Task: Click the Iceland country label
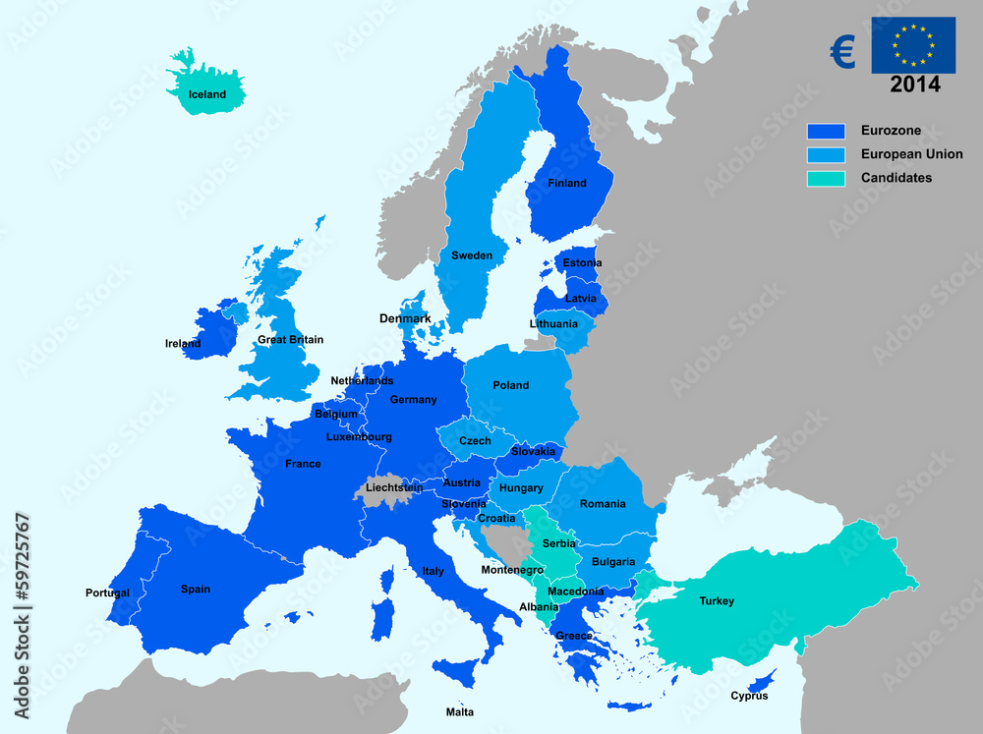[207, 95]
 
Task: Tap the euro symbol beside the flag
[842, 51]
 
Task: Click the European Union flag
[913, 45]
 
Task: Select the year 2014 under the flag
[914, 85]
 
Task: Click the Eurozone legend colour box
[826, 131]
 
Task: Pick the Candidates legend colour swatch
[826, 178]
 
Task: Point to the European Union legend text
[911, 154]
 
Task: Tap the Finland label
[567, 183]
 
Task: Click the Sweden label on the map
[472, 255]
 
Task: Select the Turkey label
[717, 601]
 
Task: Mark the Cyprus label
[749, 697]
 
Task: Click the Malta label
[459, 712]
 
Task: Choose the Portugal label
[107, 593]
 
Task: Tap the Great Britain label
[290, 340]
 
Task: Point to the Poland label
[510, 385]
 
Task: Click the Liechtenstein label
[394, 487]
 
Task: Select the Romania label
[603, 504]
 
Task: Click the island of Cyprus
[760, 680]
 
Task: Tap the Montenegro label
[512, 570]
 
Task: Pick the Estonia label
[582, 263]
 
